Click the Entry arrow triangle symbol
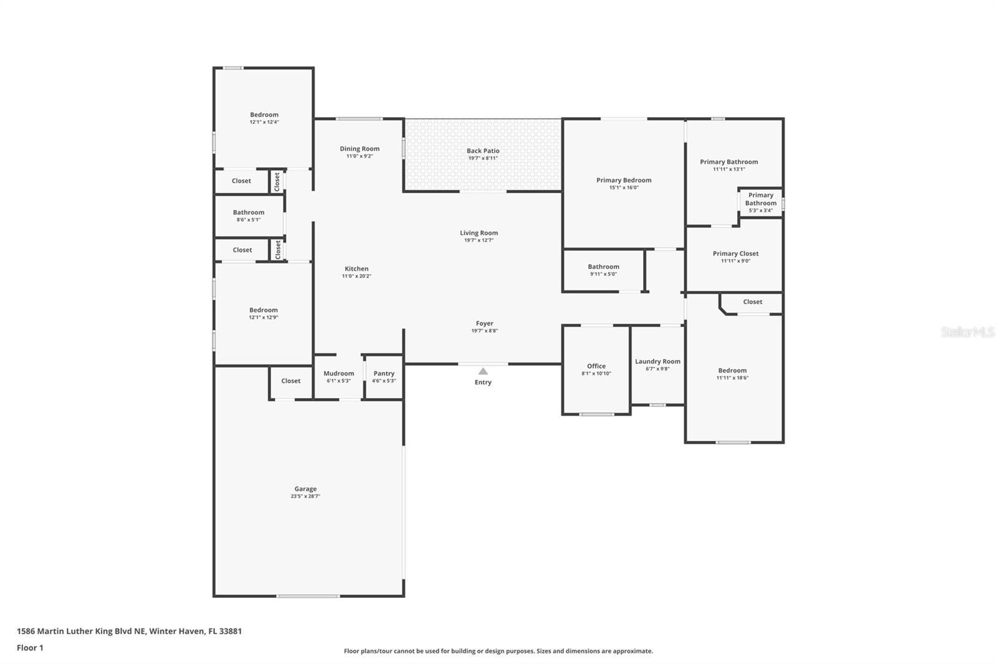tap(483, 371)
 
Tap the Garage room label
tap(305, 489)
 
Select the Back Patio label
tap(483, 151)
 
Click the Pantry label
tap(384, 374)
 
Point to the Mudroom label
tap(338, 374)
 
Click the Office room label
tap(596, 366)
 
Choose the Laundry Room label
tap(657, 361)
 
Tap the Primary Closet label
tap(735, 254)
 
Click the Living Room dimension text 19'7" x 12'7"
tap(479, 240)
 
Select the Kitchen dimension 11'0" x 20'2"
tap(356, 276)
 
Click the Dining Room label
tap(360, 149)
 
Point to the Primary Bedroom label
tap(624, 180)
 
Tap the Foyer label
tap(484, 323)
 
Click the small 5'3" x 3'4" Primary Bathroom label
tap(761, 202)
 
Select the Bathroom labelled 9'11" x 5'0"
tap(603, 267)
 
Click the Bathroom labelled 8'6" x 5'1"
tap(249, 212)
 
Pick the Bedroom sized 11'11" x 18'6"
tap(732, 371)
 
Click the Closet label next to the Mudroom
tap(290, 381)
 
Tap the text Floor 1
tap(30, 648)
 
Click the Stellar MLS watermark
tap(967, 332)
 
